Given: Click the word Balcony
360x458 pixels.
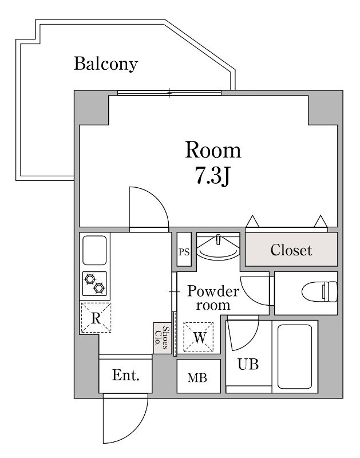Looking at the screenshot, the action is (105, 64).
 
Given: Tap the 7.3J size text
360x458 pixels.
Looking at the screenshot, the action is (212, 176).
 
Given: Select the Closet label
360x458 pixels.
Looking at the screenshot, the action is (291, 250).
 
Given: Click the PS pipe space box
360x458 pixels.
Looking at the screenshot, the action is (184, 249).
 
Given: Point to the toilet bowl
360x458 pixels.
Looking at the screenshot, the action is (320, 292).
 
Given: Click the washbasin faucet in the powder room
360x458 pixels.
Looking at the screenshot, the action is (218, 239).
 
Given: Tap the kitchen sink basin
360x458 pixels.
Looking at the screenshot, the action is (94, 250).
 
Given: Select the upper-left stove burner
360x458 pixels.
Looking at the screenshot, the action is (90, 279).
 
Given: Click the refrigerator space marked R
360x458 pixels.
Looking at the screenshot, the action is (96, 318).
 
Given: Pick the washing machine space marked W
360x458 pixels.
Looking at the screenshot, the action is (199, 337).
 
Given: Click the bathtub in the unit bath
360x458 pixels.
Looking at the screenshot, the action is (295, 356).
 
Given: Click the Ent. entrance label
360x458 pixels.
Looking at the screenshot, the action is (125, 376).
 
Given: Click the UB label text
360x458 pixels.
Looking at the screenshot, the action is (248, 364).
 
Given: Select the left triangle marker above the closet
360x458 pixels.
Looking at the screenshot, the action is (252, 222).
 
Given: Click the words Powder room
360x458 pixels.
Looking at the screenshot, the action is (213, 298).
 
